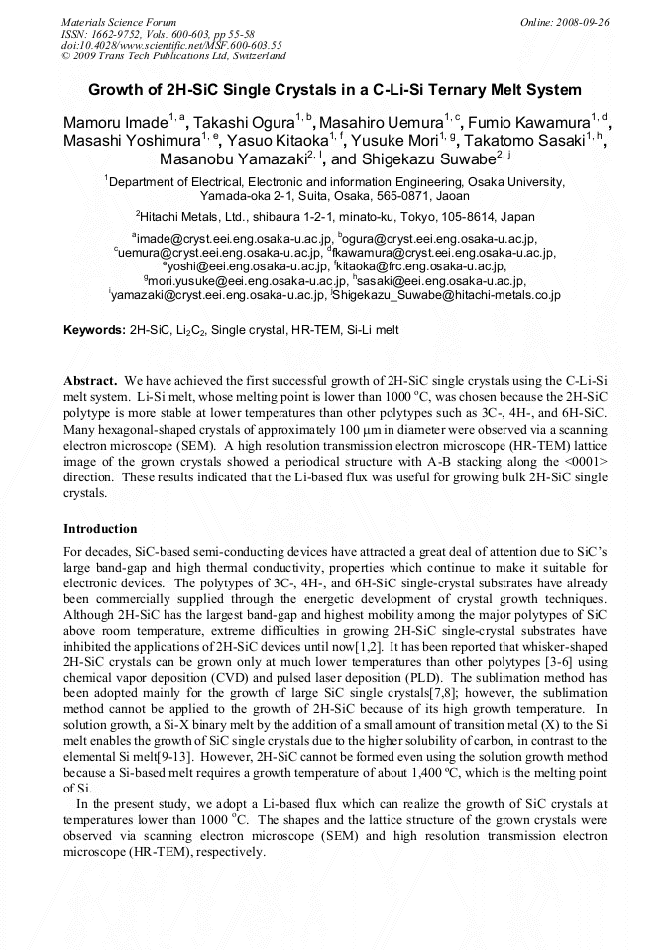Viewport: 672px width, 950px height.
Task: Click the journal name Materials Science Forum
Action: pyautogui.click(x=119, y=21)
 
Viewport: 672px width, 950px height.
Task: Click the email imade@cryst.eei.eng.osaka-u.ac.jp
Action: pyautogui.click(x=232, y=239)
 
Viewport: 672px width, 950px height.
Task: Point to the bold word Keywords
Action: pyautogui.click(x=94, y=329)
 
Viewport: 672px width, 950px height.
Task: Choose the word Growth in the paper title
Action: pyautogui.click(x=117, y=90)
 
